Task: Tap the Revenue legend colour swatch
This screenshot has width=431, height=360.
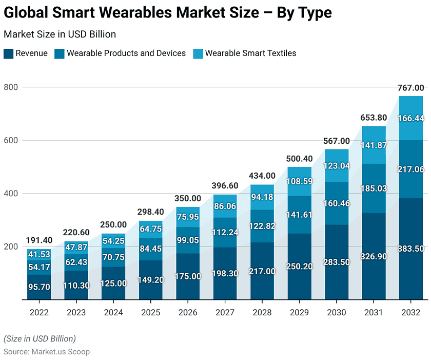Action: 8,53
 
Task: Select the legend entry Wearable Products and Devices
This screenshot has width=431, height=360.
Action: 126,53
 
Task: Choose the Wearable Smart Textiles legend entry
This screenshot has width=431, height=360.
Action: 250,53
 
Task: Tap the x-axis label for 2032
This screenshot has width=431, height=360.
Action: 412,313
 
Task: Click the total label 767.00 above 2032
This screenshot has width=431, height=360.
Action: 411,88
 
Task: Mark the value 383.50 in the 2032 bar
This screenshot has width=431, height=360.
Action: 411,249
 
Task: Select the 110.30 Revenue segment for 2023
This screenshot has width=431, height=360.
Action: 76,285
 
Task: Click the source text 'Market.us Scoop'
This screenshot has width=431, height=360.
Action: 61,352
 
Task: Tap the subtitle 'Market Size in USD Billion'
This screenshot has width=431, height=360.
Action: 60,34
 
